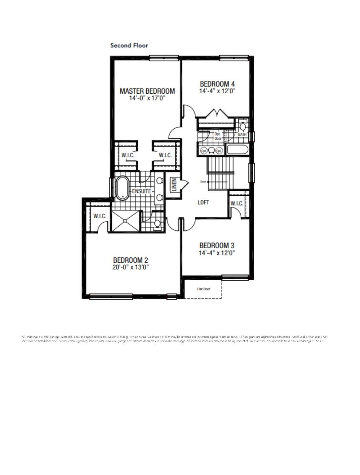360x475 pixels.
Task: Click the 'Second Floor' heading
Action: pos(129,45)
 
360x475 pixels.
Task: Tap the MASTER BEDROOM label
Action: pos(147,91)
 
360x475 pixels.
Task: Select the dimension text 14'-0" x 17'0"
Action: pos(147,98)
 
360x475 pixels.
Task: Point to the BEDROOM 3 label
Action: pos(216,245)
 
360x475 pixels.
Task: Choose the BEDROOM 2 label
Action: pos(130,260)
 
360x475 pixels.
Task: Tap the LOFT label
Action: pos(203,202)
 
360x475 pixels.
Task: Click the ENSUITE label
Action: pos(141,191)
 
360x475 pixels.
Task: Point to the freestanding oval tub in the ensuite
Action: pos(122,188)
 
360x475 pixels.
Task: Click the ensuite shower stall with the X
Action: pos(125,221)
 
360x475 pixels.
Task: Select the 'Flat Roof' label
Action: pos(203,289)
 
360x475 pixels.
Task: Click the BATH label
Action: pos(242,135)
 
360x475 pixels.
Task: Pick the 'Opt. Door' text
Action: pos(218,136)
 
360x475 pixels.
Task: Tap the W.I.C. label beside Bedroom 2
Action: pos(100,216)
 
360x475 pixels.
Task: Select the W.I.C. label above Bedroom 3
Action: pos(237,203)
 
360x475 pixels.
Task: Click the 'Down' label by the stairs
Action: pos(203,182)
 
